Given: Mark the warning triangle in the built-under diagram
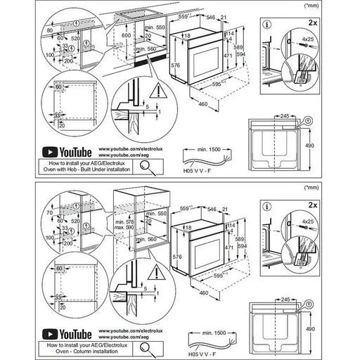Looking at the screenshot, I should [162, 90].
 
